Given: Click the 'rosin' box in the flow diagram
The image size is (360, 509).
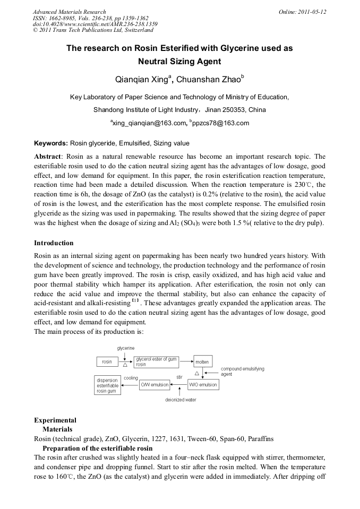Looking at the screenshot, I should click(x=107, y=362).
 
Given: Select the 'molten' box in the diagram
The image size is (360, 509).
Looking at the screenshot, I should click(x=202, y=362).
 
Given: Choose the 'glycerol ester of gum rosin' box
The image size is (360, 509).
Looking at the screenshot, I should click(x=156, y=362).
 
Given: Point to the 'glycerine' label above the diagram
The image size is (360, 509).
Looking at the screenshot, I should click(x=125, y=348).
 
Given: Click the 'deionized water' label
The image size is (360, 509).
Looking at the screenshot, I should click(x=181, y=400).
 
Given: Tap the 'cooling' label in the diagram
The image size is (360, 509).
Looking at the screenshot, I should click(x=131, y=378).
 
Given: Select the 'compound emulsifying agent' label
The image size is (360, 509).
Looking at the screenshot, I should click(x=242, y=371).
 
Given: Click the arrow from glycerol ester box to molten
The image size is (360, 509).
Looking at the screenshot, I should click(x=186, y=362).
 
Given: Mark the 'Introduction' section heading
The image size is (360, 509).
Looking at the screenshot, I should click(x=54, y=243).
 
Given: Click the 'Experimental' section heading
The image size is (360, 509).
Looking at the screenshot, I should click(x=55, y=420).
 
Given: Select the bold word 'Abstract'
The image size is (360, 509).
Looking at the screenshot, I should click(x=48, y=157).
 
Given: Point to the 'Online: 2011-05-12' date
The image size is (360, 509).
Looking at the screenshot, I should click(x=302, y=12).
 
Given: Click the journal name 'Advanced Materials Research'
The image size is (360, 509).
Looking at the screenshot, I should click(x=70, y=12).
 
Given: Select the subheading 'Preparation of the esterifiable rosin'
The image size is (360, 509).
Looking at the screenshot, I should click(x=98, y=448).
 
